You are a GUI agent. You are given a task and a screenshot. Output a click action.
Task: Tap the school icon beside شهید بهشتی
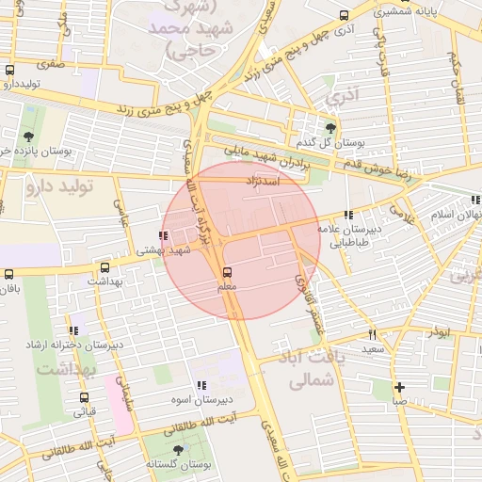point(164,235)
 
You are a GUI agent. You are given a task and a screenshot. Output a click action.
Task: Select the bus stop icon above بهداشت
point(104,267)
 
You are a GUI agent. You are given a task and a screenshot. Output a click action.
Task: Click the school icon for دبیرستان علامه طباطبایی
point(349,215)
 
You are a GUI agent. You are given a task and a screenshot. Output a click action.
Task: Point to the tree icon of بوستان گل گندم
point(329,127)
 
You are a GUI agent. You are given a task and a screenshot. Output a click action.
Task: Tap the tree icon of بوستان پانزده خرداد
point(27,137)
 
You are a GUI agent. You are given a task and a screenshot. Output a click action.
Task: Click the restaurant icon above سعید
point(373,334)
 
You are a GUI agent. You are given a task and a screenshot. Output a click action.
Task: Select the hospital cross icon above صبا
point(400,387)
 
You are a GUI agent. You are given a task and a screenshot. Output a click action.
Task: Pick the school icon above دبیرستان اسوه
point(201,385)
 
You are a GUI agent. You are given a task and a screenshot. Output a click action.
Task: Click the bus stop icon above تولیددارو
point(9,71)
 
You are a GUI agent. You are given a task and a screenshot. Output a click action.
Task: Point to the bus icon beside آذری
point(344,16)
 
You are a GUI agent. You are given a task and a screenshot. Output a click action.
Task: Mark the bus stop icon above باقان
point(8,274)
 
